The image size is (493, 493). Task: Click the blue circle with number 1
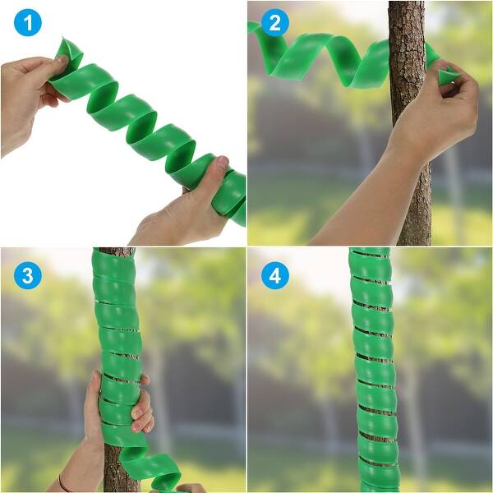(x=27, y=24)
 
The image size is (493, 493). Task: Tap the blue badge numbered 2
(x=274, y=24)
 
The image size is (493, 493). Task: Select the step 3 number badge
(x=27, y=275)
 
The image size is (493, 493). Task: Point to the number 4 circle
(x=274, y=275)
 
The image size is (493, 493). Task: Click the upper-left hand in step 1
(x=29, y=94)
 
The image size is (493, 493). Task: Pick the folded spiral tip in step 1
(x=69, y=54)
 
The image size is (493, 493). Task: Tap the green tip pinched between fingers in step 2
(x=448, y=77)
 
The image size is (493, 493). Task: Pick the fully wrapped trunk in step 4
(x=374, y=370)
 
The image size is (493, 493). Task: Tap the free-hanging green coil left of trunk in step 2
(x=329, y=58)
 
